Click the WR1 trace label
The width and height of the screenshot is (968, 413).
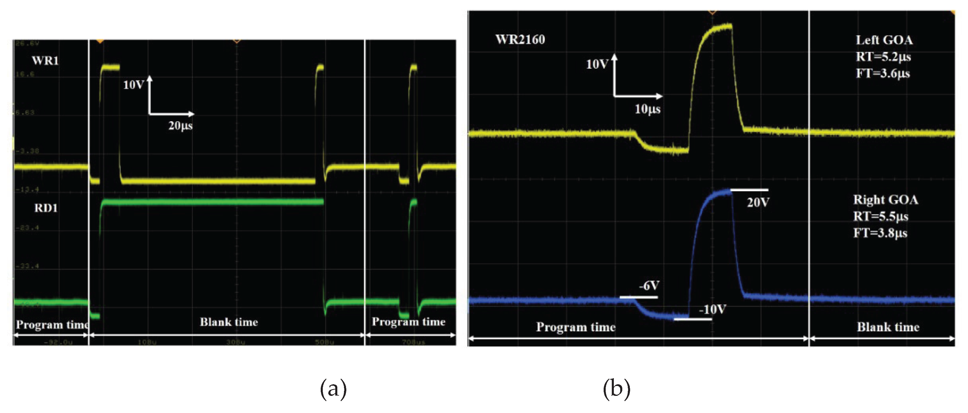[x=45, y=61]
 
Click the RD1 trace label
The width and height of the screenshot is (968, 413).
[x=46, y=208]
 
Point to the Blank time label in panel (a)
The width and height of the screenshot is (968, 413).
[x=229, y=322]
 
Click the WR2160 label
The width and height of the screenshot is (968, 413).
[x=520, y=40]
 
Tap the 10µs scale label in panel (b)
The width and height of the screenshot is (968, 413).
[x=648, y=109]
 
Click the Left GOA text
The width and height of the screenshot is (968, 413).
[x=884, y=40]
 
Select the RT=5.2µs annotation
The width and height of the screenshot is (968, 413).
[x=883, y=57]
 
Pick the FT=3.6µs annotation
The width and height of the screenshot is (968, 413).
[x=883, y=73]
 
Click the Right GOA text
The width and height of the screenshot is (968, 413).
[x=886, y=200]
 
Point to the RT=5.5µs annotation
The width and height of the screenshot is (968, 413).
[x=881, y=217]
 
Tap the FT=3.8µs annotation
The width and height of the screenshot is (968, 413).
[x=880, y=233]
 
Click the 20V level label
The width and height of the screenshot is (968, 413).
[x=758, y=203]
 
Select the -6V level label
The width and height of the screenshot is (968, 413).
[x=649, y=286]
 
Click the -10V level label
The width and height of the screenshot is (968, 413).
[x=712, y=310]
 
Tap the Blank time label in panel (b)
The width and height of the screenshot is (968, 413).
[x=888, y=327]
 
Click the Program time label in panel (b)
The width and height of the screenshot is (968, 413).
[x=576, y=327]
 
